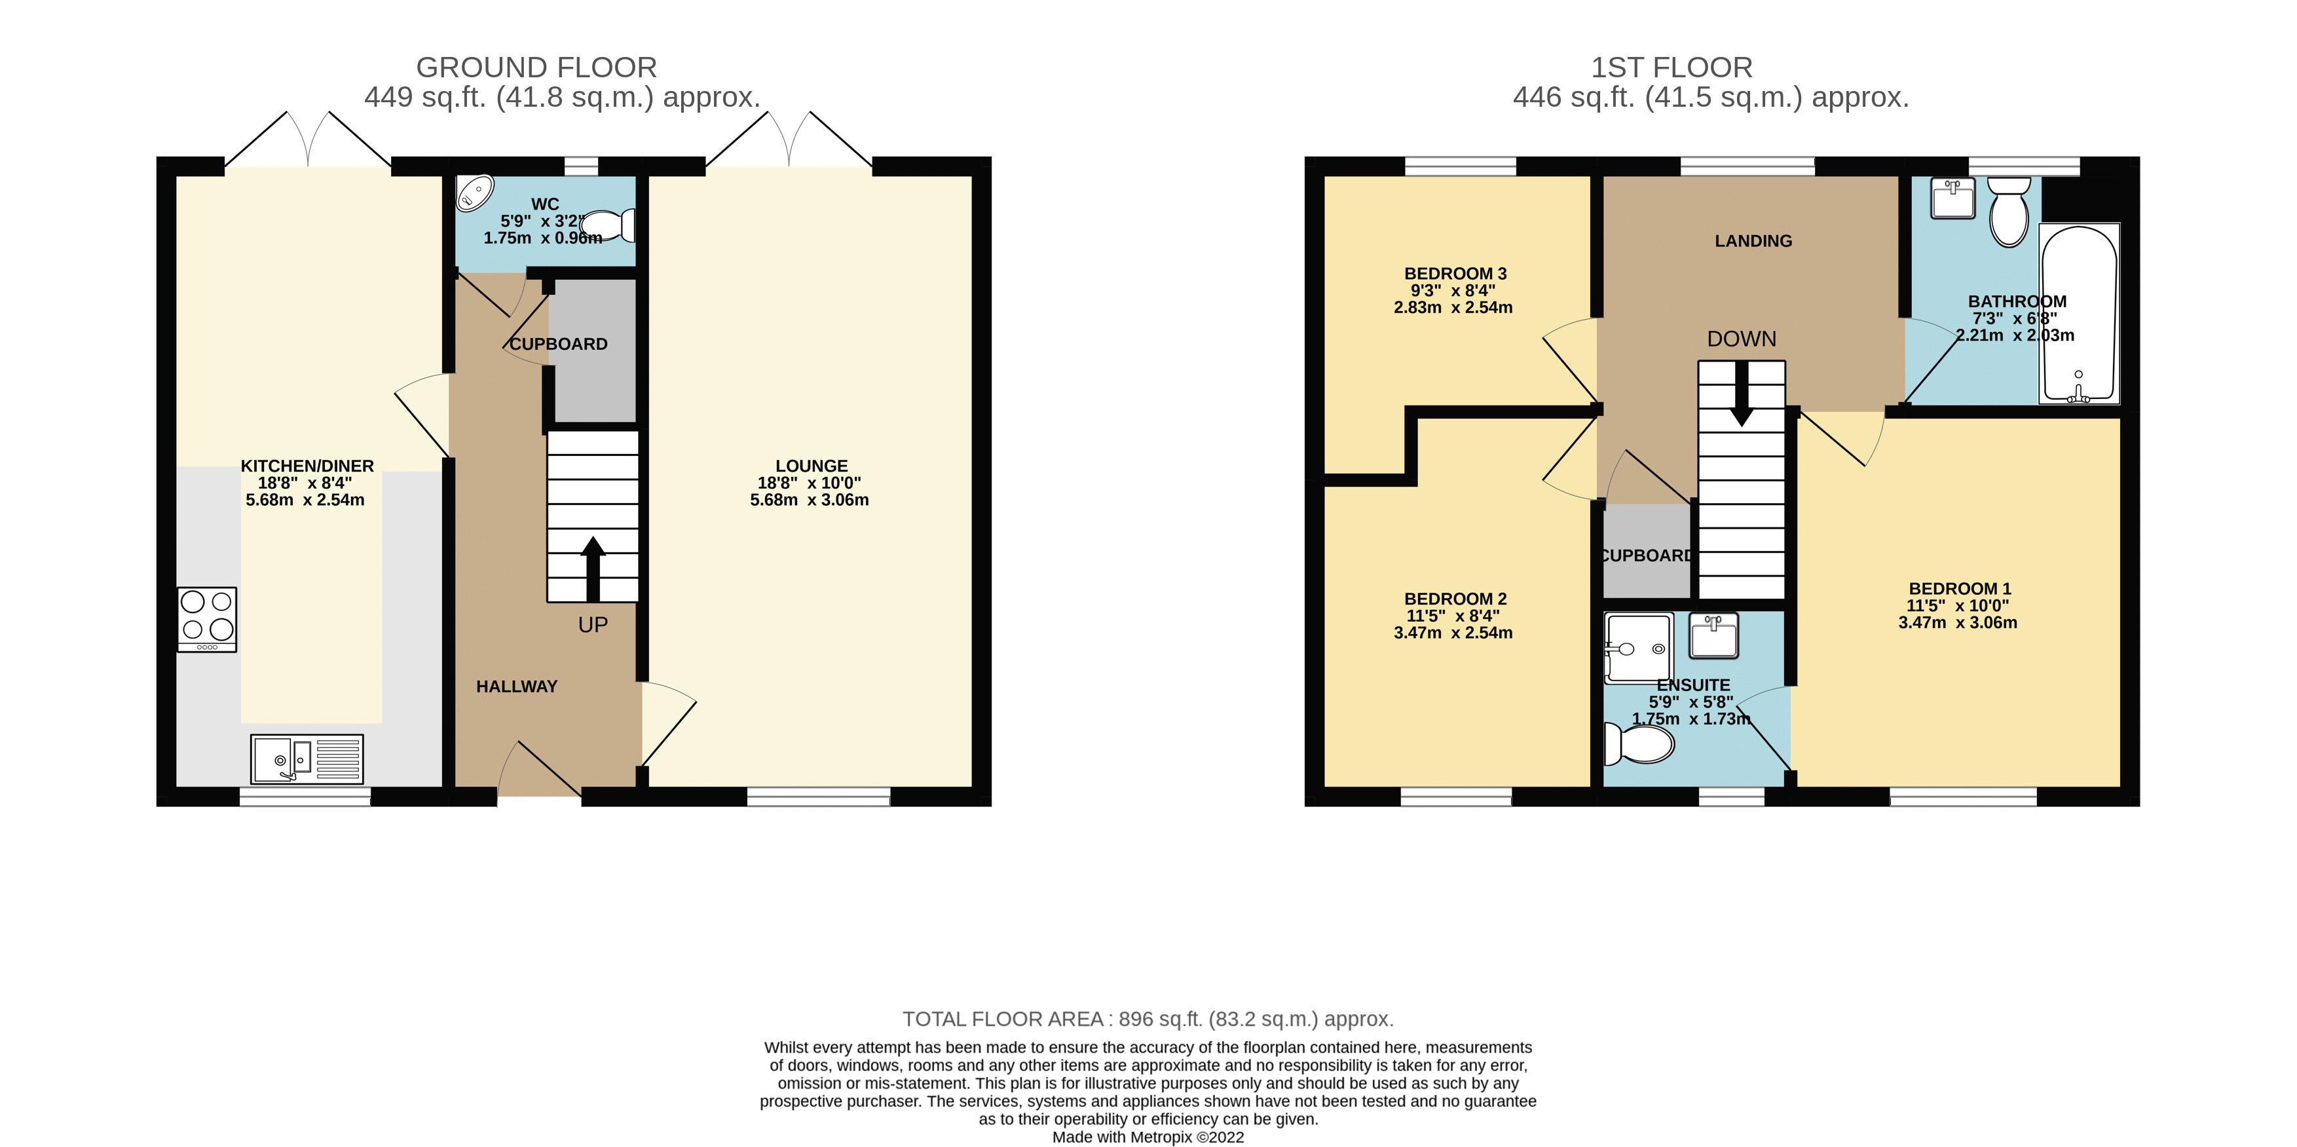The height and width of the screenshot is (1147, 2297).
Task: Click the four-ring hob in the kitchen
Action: click(x=207, y=619)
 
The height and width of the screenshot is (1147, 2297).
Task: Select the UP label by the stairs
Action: click(x=593, y=625)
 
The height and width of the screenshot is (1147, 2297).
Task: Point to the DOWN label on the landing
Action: click(x=1742, y=339)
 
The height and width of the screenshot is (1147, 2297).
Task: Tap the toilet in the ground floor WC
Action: click(x=610, y=225)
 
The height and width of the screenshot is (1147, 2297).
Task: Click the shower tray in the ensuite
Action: click(x=1637, y=649)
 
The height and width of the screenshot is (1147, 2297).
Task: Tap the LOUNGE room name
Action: click(x=811, y=466)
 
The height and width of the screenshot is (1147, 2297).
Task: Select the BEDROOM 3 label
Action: click(x=1455, y=274)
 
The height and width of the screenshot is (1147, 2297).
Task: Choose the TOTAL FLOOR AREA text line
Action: click(x=1148, y=1019)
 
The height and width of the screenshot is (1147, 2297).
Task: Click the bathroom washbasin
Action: click(x=1952, y=198)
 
